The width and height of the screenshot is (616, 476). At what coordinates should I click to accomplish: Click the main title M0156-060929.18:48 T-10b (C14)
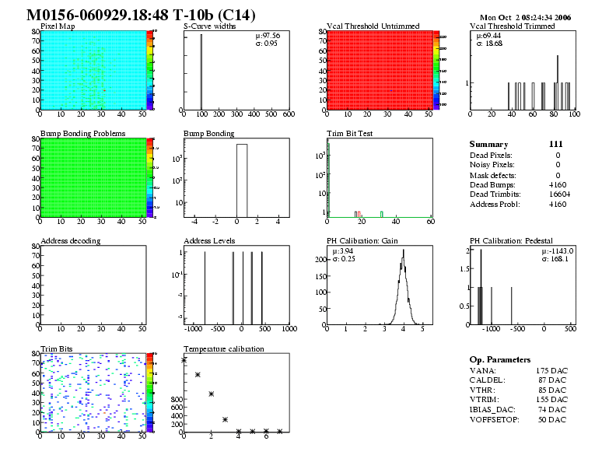[x=140, y=16]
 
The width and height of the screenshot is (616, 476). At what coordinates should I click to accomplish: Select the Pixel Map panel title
[x=58, y=26]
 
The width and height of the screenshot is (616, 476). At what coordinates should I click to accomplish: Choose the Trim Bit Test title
[x=350, y=134]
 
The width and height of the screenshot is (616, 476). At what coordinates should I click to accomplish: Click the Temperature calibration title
[x=223, y=349]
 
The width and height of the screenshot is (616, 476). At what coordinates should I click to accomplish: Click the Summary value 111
[x=555, y=145]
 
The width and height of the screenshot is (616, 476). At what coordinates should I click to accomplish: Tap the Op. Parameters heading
[x=500, y=360]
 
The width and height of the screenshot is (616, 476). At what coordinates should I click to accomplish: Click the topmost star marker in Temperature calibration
[x=184, y=360]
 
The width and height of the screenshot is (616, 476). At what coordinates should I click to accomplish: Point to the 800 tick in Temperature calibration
[x=176, y=398]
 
